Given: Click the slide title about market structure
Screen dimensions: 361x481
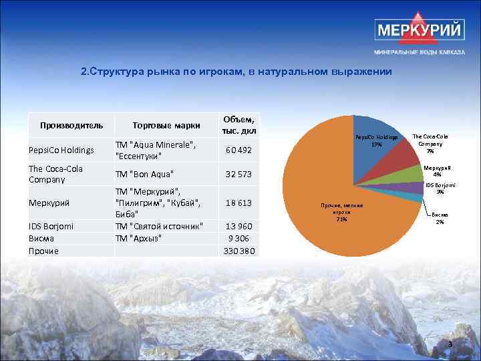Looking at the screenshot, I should (x=235, y=72).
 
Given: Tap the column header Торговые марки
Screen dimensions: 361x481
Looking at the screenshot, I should (x=166, y=125).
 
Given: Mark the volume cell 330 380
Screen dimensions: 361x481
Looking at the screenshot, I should (x=238, y=251).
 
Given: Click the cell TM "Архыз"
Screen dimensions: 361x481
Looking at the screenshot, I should (x=140, y=238).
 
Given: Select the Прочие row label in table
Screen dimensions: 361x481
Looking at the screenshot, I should (x=43, y=251).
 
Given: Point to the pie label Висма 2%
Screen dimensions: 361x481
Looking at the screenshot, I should (x=440, y=218).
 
